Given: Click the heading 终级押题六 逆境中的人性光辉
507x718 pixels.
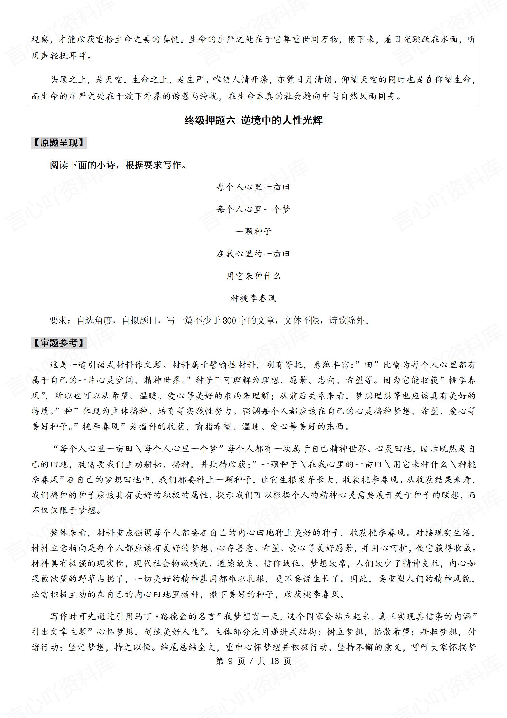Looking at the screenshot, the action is click(x=253, y=121).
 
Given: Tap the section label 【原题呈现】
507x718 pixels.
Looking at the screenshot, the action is click(x=59, y=143).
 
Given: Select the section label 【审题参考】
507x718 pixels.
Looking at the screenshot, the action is click(x=59, y=343).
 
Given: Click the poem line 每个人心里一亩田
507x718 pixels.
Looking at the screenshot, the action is click(x=253, y=187).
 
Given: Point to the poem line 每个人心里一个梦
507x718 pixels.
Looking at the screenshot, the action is click(x=253, y=209).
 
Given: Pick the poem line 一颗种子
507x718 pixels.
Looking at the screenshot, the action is click(x=253, y=232).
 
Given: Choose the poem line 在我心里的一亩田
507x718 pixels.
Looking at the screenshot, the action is click(x=253, y=254).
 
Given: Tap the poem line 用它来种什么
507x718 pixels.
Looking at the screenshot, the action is click(x=253, y=276).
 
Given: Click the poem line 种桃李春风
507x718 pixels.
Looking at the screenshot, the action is click(x=253, y=298).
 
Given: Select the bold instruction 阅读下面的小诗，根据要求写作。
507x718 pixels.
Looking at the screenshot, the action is click(x=118, y=165).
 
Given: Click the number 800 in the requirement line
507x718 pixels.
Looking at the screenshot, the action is click(x=229, y=320).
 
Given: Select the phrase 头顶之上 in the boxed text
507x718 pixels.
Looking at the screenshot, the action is click(x=68, y=80).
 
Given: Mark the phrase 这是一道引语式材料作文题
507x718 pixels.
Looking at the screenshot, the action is click(x=108, y=365).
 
